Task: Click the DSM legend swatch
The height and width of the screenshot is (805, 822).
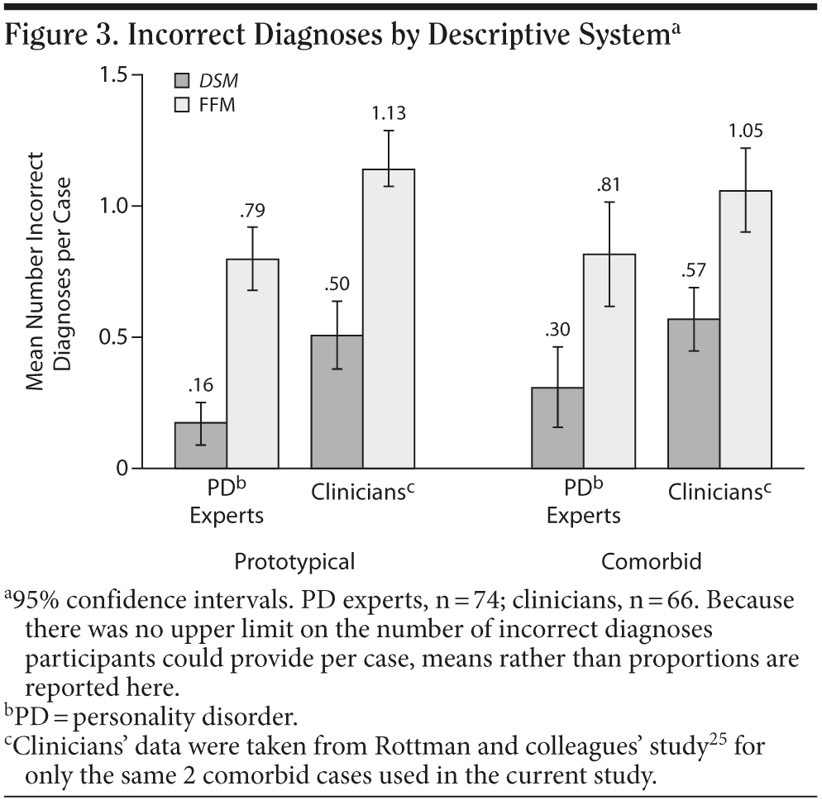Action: pyautogui.click(x=182, y=81)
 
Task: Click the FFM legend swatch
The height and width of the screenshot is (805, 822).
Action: pyautogui.click(x=182, y=104)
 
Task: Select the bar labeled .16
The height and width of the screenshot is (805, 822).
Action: pyautogui.click(x=200, y=445)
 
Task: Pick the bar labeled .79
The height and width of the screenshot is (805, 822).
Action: pyautogui.click(x=252, y=364)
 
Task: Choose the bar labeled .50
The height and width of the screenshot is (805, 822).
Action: pyautogui.click(x=337, y=402)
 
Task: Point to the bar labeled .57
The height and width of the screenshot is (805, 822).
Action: pyautogui.click(x=693, y=393)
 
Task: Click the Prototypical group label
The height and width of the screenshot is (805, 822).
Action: pyautogui.click(x=294, y=562)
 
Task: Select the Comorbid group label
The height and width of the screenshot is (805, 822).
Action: pyautogui.click(x=651, y=562)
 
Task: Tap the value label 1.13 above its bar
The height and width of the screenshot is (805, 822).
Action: pyautogui.click(x=387, y=113)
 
